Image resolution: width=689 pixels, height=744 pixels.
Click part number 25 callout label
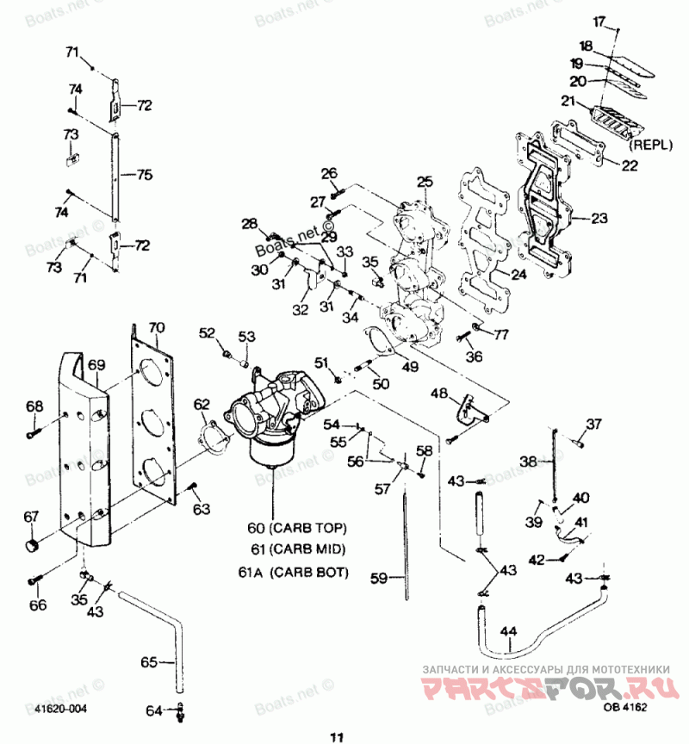[x=425, y=182]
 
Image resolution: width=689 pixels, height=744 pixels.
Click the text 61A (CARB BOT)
[x=294, y=571]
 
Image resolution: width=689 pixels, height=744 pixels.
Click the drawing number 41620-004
[x=60, y=708]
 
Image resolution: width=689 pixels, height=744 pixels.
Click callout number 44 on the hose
[x=509, y=632]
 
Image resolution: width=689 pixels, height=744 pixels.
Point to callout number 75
[x=143, y=174]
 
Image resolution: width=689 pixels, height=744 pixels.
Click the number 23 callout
[x=599, y=218]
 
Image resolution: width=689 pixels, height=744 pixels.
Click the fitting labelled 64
[x=179, y=711]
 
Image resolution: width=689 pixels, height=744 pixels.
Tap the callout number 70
[x=155, y=327]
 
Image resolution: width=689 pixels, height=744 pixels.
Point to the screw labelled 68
[x=34, y=434]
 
